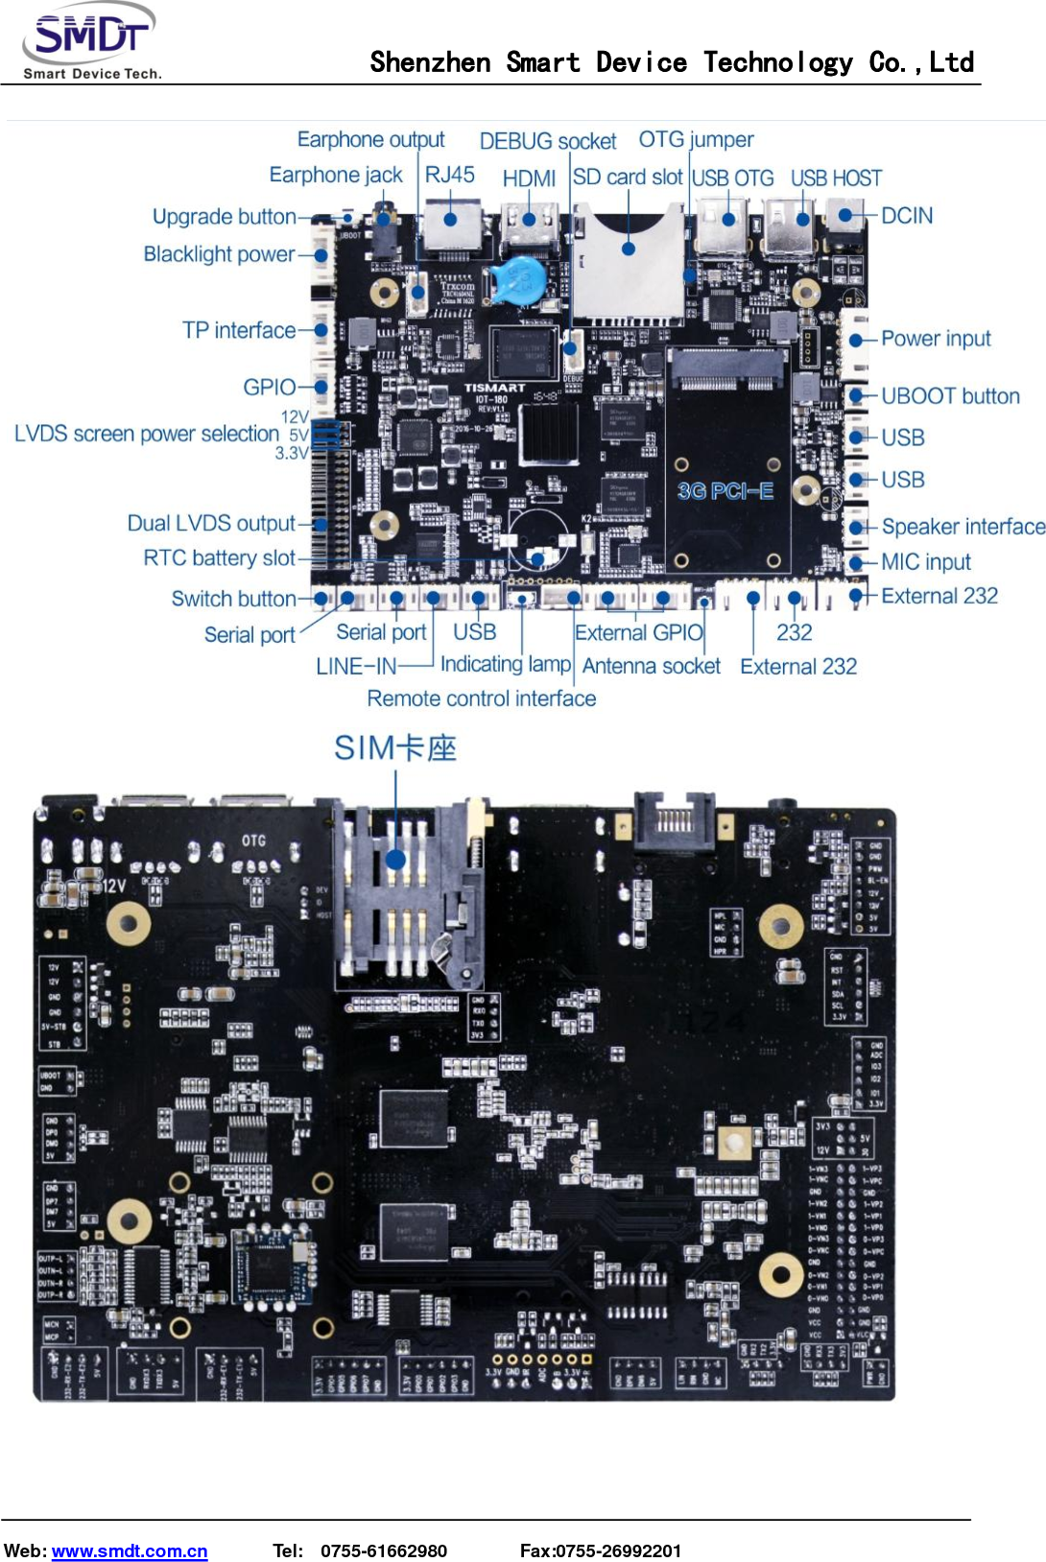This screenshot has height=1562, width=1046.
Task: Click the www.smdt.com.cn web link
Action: point(130,1551)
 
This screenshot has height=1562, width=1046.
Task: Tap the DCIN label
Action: point(907,216)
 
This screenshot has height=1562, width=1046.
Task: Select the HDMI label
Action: point(529,178)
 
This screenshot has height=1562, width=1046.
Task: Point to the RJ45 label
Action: point(449,175)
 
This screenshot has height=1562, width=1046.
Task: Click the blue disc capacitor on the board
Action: point(519,279)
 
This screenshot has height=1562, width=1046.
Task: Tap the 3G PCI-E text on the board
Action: point(725,491)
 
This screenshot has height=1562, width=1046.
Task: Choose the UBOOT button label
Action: point(950,396)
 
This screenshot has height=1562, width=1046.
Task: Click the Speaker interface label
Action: point(963,527)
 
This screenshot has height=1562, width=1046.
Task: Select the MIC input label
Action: point(926,561)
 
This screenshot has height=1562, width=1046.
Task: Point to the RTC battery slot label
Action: point(220,557)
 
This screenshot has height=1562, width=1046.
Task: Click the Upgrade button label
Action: point(225,217)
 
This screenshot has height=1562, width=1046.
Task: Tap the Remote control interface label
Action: point(481,698)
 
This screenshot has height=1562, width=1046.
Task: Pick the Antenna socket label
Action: point(651,666)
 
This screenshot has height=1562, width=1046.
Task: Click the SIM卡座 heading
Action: point(394,748)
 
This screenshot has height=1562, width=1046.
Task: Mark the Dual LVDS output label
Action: point(211,523)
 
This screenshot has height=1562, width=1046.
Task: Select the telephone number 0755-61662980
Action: point(384,1551)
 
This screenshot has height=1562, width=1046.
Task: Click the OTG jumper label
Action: point(696,140)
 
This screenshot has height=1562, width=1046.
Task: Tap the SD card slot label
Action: point(628,177)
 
